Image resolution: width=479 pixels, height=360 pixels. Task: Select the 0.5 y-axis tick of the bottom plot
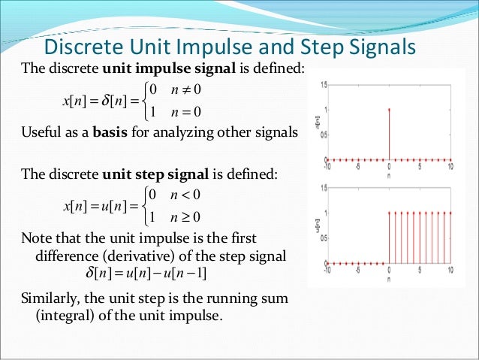323,238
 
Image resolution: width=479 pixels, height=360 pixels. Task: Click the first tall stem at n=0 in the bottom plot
389,237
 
